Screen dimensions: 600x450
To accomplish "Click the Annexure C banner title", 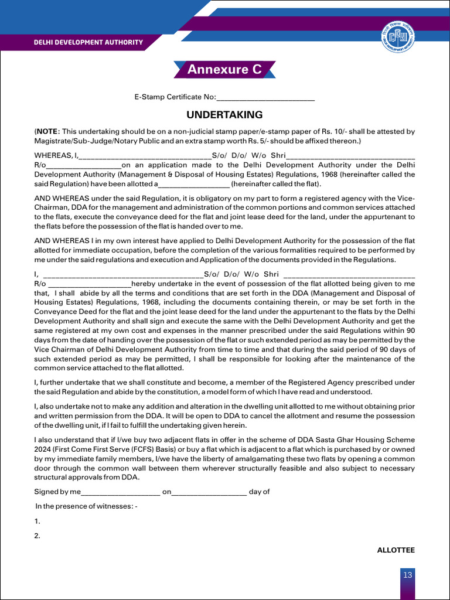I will pos(224,69).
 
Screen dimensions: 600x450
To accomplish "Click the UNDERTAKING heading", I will pos(224,115).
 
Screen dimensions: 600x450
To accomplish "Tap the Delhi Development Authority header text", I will pos(88,42).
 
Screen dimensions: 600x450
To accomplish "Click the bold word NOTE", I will pos(47,132).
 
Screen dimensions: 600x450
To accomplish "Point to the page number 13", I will pos(408,575).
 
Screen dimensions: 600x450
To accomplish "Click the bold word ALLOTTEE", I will pos(396,550).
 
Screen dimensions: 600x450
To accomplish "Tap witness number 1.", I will pos(37,521).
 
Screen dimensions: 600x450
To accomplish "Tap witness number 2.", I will pos(37,535).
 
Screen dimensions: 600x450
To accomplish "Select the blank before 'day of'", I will pos(209,492).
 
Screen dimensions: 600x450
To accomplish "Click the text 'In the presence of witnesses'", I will pos(86,506).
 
